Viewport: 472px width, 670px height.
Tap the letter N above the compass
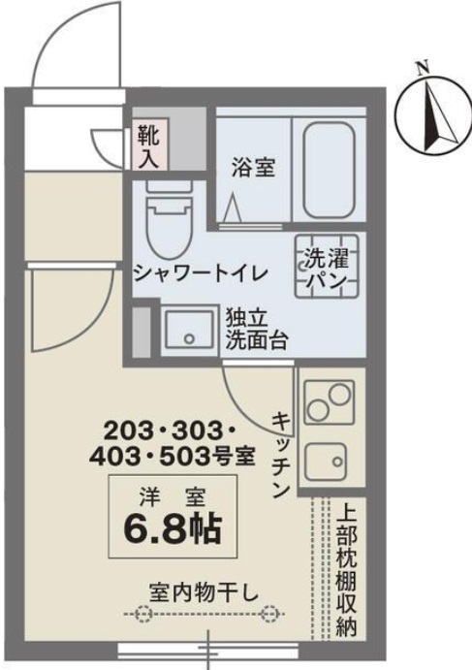(422, 68)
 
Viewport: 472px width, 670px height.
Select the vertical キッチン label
(278, 453)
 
